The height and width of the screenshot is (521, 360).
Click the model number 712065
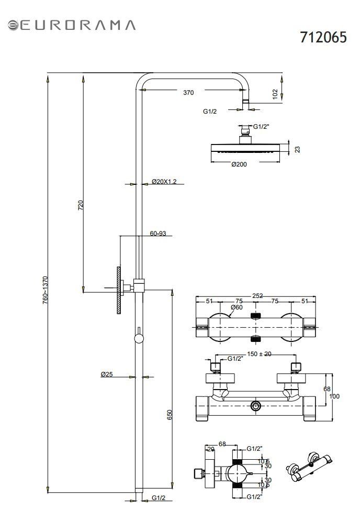[323, 37]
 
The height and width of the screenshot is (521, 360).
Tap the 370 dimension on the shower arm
[188, 93]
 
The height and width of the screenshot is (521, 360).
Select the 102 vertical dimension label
[275, 94]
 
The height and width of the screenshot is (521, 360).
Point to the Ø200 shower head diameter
[239, 164]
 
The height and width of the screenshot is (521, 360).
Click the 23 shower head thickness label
[298, 149]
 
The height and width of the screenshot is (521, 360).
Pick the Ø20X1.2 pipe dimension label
[164, 181]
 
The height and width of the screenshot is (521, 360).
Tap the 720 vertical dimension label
[81, 205]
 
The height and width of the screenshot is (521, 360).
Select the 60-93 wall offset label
[157, 233]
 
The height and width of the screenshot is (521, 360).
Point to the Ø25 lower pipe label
[107, 374]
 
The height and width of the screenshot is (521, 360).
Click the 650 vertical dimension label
[170, 415]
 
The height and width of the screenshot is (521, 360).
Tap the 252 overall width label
[257, 295]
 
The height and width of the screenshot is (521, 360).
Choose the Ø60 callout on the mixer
[237, 307]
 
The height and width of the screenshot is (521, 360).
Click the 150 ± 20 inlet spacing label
[259, 354]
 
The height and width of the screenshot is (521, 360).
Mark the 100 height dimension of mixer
[334, 396]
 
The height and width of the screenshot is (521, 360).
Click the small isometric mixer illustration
[309, 467]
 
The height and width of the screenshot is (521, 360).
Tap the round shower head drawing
[245, 145]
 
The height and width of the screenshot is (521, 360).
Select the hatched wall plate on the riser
[119, 290]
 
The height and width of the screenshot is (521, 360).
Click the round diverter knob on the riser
[139, 338]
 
